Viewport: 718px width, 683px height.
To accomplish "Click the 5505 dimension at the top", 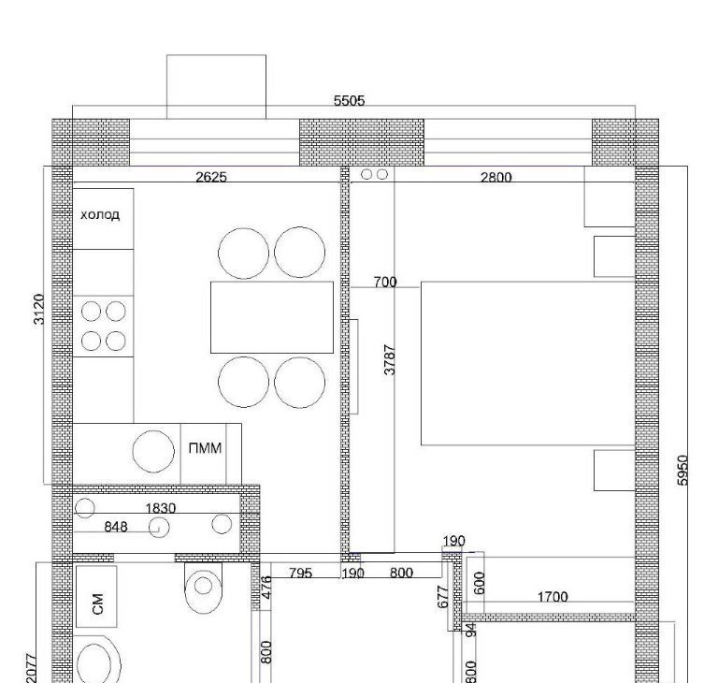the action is click(x=349, y=100).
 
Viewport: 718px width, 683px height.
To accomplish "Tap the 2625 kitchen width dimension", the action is click(x=211, y=177).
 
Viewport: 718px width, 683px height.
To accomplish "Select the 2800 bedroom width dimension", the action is click(x=495, y=177).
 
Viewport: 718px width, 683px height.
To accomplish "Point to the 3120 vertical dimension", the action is click(x=39, y=309).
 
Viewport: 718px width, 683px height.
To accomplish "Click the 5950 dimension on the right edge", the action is click(x=682, y=470).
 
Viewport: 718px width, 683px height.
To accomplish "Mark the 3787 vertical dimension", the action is click(x=390, y=360).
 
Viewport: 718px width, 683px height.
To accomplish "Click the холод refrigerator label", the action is click(x=100, y=214).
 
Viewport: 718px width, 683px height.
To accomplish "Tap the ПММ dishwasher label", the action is click(x=205, y=448).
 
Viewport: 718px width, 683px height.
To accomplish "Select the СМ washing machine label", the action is click(x=97, y=603).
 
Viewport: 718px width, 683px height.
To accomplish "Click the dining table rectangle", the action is click(x=272, y=317).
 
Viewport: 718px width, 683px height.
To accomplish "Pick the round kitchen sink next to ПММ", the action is click(x=153, y=451).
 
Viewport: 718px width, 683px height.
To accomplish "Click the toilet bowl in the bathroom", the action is click(x=203, y=588).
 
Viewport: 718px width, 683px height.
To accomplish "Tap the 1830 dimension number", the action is click(x=161, y=508).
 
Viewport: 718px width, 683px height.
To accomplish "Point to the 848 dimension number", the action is click(x=116, y=527).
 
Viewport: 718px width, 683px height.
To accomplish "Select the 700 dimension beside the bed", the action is click(x=385, y=282).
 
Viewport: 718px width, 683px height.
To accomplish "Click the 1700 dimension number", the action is click(x=553, y=597).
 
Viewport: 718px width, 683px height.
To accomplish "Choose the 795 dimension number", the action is click(x=300, y=573).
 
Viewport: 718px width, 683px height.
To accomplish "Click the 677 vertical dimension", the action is click(x=443, y=597).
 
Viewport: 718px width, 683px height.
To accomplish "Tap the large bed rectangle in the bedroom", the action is click(x=528, y=364).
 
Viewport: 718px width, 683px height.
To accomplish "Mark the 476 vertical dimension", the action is click(x=266, y=587).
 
